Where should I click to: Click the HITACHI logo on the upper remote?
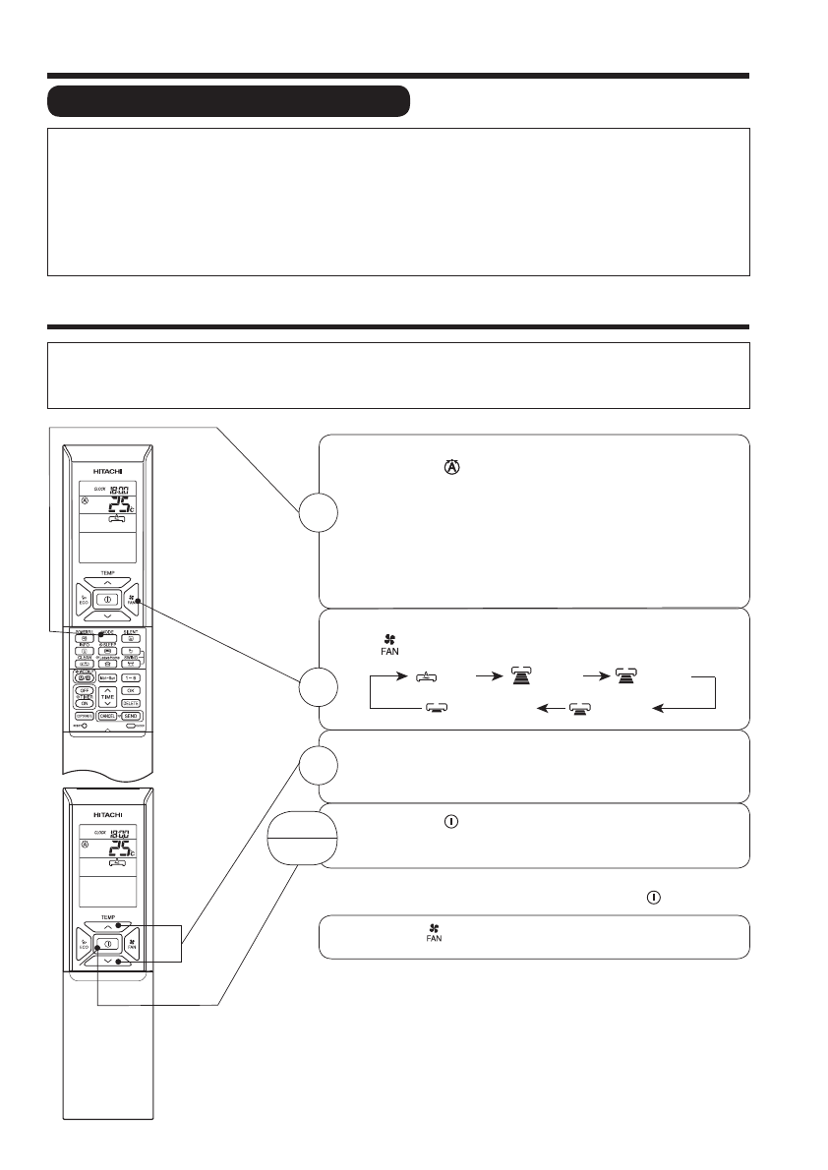pos(104,458)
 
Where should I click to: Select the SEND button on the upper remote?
pos(130,717)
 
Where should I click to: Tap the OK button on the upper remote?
pos(130,691)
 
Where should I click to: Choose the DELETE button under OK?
pos(130,704)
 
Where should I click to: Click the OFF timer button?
pos(83,691)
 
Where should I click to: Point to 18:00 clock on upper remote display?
pos(116,488)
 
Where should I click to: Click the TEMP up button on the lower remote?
pos(106,925)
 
